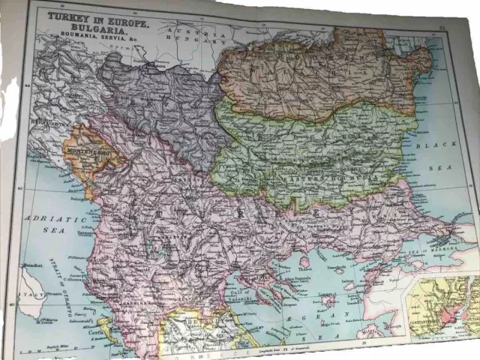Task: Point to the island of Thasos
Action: pos(304,262)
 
